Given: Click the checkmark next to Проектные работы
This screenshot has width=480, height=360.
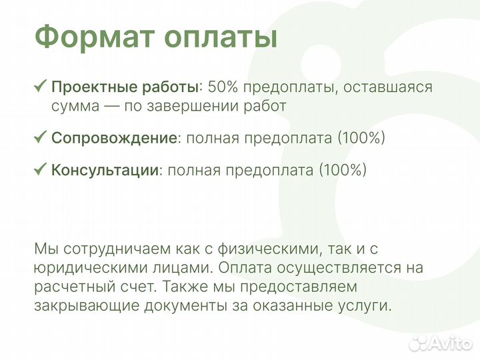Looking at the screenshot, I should click(x=40, y=86).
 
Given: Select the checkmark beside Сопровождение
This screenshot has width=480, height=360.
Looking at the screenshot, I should click(x=40, y=137).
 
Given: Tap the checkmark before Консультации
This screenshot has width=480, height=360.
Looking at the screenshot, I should click(x=40, y=169).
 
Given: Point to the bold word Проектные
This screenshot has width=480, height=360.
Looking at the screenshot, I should click(x=89, y=87).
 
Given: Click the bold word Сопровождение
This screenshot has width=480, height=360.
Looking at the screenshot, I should click(x=114, y=138).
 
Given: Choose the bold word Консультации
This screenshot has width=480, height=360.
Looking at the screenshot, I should click(x=105, y=170).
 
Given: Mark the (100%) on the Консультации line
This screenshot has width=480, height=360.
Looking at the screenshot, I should click(x=343, y=170).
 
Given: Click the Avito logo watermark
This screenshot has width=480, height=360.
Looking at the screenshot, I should click(x=441, y=343).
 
